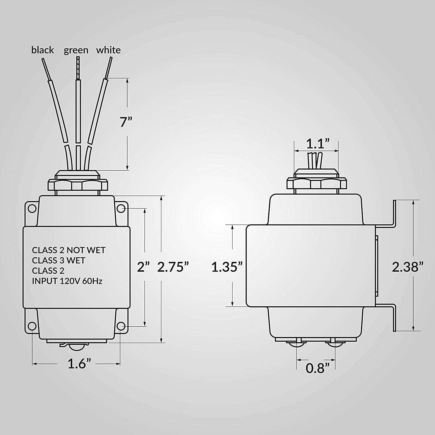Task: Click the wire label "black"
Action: pos(42,50)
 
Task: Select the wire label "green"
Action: pos(76,50)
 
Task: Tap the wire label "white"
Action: pos(108,50)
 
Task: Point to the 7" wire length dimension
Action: pos(126,122)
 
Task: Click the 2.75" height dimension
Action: pos(173,267)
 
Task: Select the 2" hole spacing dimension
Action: pos(143,267)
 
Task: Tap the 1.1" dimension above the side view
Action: pos(318,144)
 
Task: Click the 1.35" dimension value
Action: pos(226,267)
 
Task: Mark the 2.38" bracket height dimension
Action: pos(407,267)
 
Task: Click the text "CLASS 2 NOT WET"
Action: pos(68,250)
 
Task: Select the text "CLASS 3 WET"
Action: pos(58,260)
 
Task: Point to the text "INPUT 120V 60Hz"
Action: pos(67,281)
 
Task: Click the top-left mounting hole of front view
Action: pos(32,209)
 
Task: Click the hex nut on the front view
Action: pos(78,184)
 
